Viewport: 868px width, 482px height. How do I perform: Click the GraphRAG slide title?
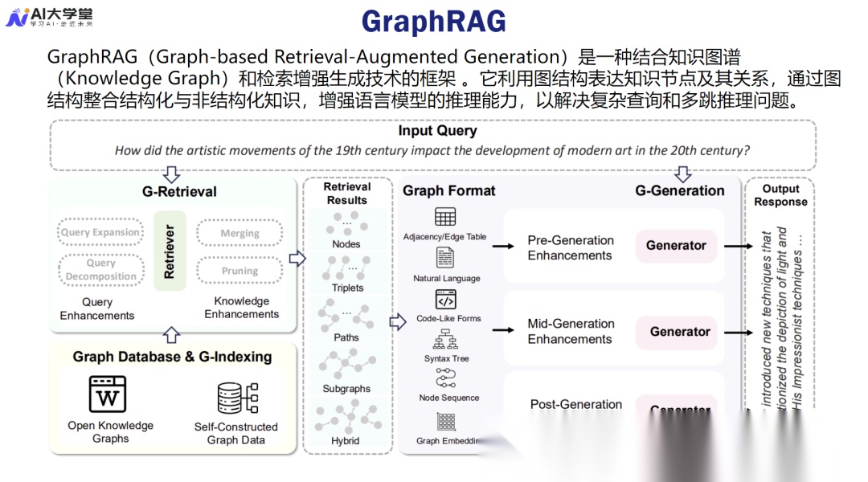pos(433,22)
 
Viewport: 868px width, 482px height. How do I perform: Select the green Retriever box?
pos(170,251)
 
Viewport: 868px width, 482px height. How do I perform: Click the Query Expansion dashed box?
pos(100,233)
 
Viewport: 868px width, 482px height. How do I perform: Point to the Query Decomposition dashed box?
pos(100,270)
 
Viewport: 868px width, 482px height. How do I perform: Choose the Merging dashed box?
pos(240,233)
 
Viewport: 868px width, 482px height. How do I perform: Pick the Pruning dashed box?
pos(240,271)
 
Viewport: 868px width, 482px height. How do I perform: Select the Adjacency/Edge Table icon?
pos(444,217)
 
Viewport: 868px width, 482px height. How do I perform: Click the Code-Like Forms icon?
pos(445,300)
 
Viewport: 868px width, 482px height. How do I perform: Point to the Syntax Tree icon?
pos(445,340)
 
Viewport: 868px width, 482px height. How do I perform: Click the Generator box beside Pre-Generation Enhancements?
pos(676,246)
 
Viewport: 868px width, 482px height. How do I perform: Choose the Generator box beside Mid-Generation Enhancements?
pos(680,332)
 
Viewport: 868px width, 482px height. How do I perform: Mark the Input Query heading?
pos(437,131)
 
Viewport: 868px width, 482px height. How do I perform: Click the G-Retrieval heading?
pos(179,191)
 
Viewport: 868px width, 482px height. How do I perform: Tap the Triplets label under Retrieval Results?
pos(347,288)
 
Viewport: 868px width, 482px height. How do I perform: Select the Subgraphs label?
pos(346,389)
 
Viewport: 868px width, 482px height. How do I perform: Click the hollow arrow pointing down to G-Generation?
pos(682,174)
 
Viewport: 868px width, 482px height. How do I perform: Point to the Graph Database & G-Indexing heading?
pos(172,357)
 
